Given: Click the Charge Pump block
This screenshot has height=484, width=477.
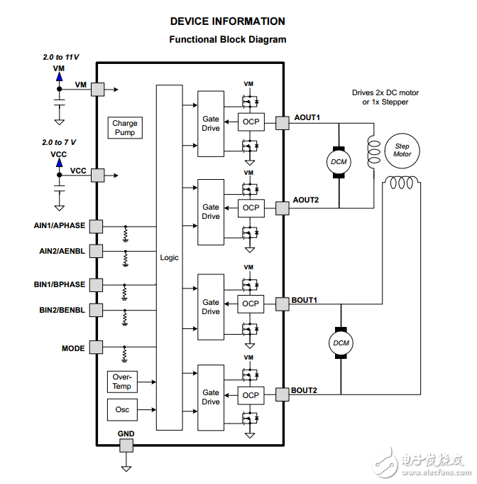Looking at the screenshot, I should click(x=125, y=128).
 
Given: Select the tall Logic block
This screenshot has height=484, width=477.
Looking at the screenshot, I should click(x=169, y=257).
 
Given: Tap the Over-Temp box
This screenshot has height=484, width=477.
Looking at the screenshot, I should click(x=121, y=381).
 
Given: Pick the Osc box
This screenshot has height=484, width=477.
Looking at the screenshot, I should click(x=121, y=409).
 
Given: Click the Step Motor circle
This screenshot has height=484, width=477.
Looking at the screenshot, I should click(x=402, y=150).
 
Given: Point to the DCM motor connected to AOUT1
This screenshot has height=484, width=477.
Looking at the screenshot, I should click(x=339, y=161).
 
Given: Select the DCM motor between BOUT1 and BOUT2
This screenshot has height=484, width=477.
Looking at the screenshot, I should click(x=341, y=343).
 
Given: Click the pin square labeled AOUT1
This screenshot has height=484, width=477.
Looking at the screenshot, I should click(x=283, y=123).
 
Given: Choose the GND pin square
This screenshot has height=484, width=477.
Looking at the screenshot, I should click(x=126, y=446).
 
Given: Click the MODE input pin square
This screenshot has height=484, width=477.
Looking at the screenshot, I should click(x=97, y=348).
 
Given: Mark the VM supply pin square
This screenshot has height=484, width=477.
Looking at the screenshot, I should click(x=97, y=89).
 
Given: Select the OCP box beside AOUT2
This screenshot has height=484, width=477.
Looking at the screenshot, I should click(x=251, y=208).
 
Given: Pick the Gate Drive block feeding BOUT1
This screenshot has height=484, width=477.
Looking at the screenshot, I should click(x=211, y=307).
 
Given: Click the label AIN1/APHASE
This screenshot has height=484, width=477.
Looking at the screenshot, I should click(x=60, y=226).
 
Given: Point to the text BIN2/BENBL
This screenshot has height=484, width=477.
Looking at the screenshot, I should click(x=62, y=310).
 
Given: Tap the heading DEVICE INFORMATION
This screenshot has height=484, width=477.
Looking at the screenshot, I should click(x=227, y=21).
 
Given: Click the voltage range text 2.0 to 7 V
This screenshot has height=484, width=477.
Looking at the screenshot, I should click(x=60, y=143).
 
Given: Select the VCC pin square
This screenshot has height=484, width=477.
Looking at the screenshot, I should click(x=97, y=174).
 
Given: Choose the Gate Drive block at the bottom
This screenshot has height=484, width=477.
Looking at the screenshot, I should click(x=211, y=397).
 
